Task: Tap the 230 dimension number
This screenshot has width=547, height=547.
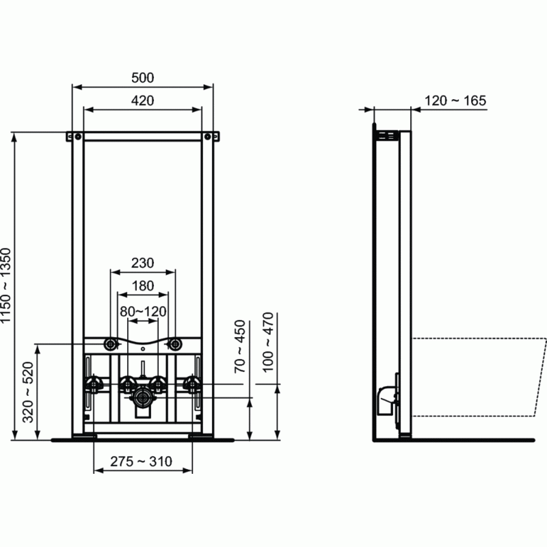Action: point(143,263)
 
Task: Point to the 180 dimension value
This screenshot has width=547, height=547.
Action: point(143,285)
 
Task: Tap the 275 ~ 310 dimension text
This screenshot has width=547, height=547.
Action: point(143,462)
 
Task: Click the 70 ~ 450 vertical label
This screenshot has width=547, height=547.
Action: point(239,346)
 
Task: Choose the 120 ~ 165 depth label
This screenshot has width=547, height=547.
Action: point(455,101)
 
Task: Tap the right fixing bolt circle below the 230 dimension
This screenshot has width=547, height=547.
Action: point(176,343)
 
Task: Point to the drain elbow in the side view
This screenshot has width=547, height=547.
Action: point(386,397)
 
